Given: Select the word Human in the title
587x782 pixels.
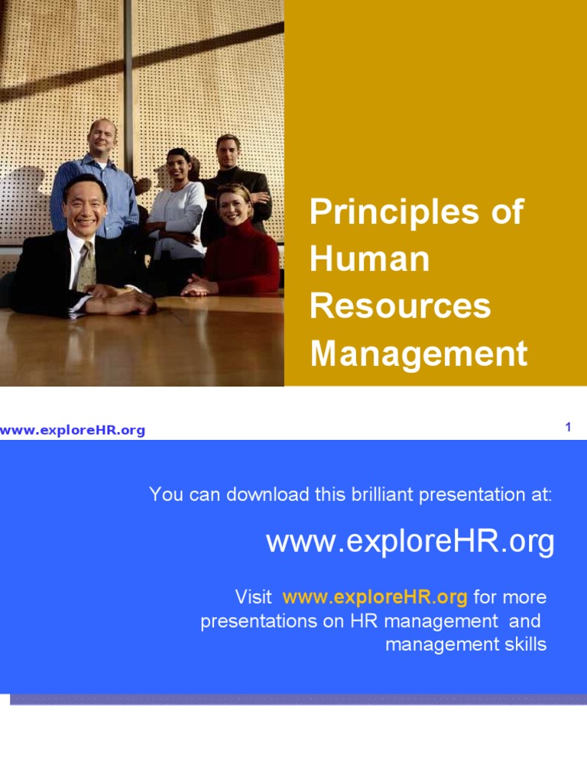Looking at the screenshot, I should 370,260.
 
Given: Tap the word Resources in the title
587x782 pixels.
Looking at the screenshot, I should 400,306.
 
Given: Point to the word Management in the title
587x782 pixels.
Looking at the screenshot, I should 418,354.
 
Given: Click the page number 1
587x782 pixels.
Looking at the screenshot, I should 568,427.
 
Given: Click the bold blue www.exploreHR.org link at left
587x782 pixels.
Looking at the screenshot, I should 73,431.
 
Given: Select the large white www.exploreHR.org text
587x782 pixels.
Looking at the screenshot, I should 410,542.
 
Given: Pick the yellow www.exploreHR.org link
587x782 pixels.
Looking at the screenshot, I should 375,596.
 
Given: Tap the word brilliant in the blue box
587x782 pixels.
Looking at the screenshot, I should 391,494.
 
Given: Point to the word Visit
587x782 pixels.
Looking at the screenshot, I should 253,596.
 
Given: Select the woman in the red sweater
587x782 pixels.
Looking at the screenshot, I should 238,244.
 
